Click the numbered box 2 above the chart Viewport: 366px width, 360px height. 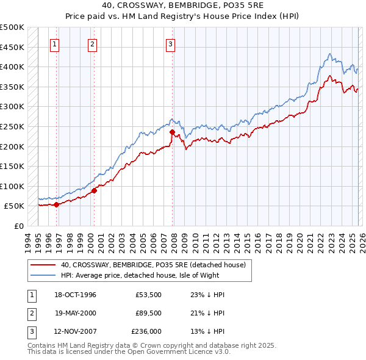click(x=92, y=44)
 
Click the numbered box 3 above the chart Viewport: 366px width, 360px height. click(x=170, y=44)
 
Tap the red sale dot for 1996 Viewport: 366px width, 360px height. click(x=57, y=204)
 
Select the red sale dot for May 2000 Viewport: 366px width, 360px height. click(x=94, y=190)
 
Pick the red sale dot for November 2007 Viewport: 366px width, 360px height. click(x=172, y=132)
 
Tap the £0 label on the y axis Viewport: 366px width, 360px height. click(x=18, y=226)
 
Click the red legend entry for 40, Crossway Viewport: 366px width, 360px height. click(x=152, y=265)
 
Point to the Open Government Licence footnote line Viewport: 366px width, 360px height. click(x=129, y=352)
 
